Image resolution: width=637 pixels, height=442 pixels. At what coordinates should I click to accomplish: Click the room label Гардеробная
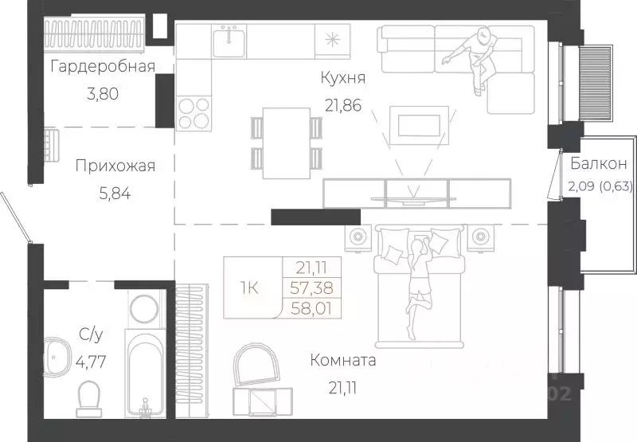102,66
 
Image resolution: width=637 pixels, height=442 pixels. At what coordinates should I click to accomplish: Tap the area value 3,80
102,92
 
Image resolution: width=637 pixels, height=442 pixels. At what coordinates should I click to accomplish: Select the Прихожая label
115,166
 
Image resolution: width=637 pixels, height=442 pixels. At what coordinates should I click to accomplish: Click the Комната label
343,361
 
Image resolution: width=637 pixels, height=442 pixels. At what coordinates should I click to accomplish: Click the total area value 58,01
311,307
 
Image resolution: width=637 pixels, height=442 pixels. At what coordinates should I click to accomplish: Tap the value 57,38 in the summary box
311,288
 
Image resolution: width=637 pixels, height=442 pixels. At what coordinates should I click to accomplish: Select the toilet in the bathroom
89,396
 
